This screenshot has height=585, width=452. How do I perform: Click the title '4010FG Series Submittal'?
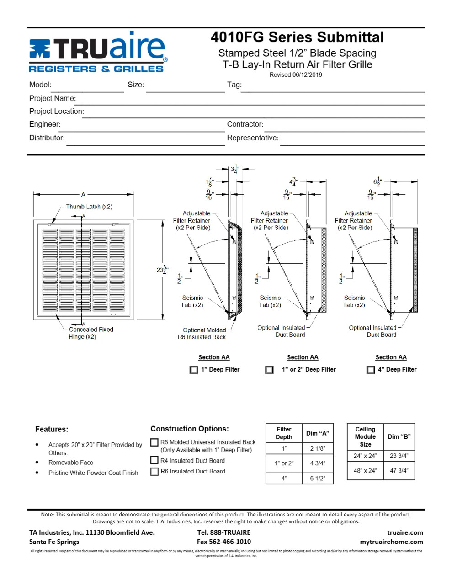[x=297, y=37]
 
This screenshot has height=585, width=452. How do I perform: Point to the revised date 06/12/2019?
[x=295, y=75]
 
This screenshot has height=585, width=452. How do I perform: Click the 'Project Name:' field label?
[x=53, y=98]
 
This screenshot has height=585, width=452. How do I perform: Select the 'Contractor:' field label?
[x=245, y=124]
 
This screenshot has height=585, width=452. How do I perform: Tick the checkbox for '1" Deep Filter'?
[x=194, y=370]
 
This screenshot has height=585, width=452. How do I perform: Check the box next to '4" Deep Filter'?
[x=371, y=370]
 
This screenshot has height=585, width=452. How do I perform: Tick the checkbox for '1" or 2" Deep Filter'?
[x=270, y=370]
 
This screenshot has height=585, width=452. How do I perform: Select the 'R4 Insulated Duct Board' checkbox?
[x=154, y=460]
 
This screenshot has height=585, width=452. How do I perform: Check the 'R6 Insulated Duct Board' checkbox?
[x=154, y=471]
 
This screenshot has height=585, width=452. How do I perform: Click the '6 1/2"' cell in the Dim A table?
[x=318, y=478]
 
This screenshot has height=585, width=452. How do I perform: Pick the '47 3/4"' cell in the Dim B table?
[x=399, y=471]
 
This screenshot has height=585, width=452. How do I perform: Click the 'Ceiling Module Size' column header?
[x=365, y=436]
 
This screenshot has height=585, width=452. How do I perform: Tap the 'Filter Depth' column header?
[x=284, y=433]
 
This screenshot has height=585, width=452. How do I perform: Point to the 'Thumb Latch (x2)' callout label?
[x=89, y=207]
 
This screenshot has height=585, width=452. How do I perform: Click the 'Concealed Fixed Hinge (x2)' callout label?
[x=91, y=333]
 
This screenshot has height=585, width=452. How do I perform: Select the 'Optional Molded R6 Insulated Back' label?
[x=204, y=334]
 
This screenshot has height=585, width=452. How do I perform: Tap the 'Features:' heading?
[x=52, y=429]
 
